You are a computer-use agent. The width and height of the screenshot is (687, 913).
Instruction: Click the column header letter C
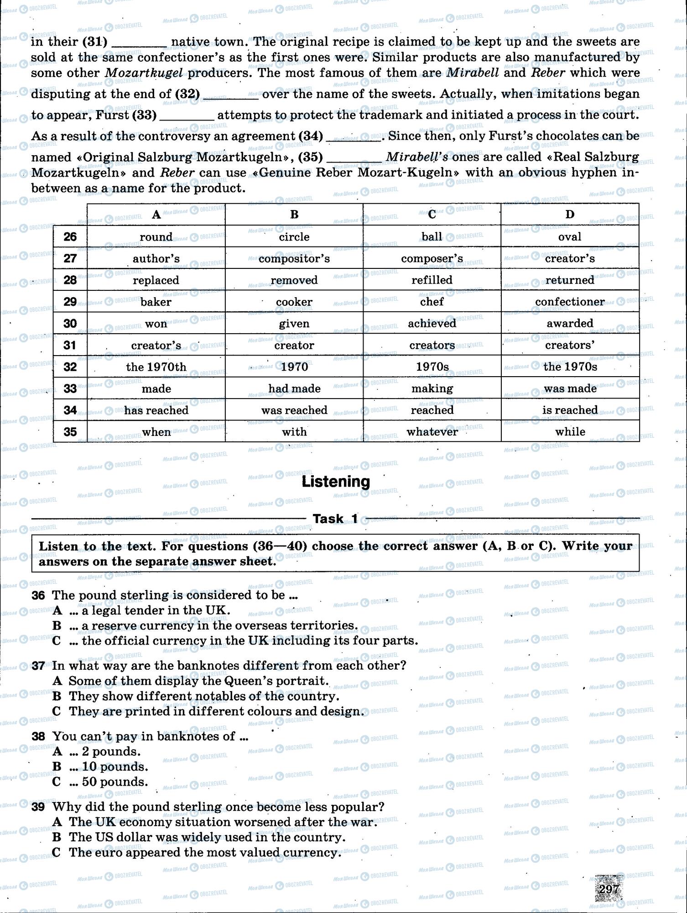432,214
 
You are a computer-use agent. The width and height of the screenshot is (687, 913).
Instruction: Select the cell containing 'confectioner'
570,302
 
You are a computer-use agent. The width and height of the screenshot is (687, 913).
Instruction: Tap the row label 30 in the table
70,323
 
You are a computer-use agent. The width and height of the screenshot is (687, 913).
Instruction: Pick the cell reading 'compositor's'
294,258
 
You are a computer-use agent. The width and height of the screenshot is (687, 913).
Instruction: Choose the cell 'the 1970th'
156,367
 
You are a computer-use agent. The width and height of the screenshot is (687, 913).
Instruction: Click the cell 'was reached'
294,410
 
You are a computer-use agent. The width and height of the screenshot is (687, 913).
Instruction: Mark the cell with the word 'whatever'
432,431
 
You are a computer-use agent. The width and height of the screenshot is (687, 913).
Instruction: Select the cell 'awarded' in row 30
570,323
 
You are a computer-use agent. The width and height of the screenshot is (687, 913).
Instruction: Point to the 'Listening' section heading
336,482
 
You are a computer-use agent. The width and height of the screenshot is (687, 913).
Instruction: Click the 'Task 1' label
335,519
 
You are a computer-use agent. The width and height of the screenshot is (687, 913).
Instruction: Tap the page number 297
609,889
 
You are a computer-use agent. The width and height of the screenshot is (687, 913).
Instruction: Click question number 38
38,736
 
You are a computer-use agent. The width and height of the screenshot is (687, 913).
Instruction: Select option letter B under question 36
57,625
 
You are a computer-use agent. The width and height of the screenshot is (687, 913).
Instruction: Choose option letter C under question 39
57,852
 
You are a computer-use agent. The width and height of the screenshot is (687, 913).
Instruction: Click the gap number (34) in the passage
310,136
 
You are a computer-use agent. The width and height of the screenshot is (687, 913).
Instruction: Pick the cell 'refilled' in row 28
432,280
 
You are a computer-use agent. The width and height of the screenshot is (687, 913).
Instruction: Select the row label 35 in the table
70,431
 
